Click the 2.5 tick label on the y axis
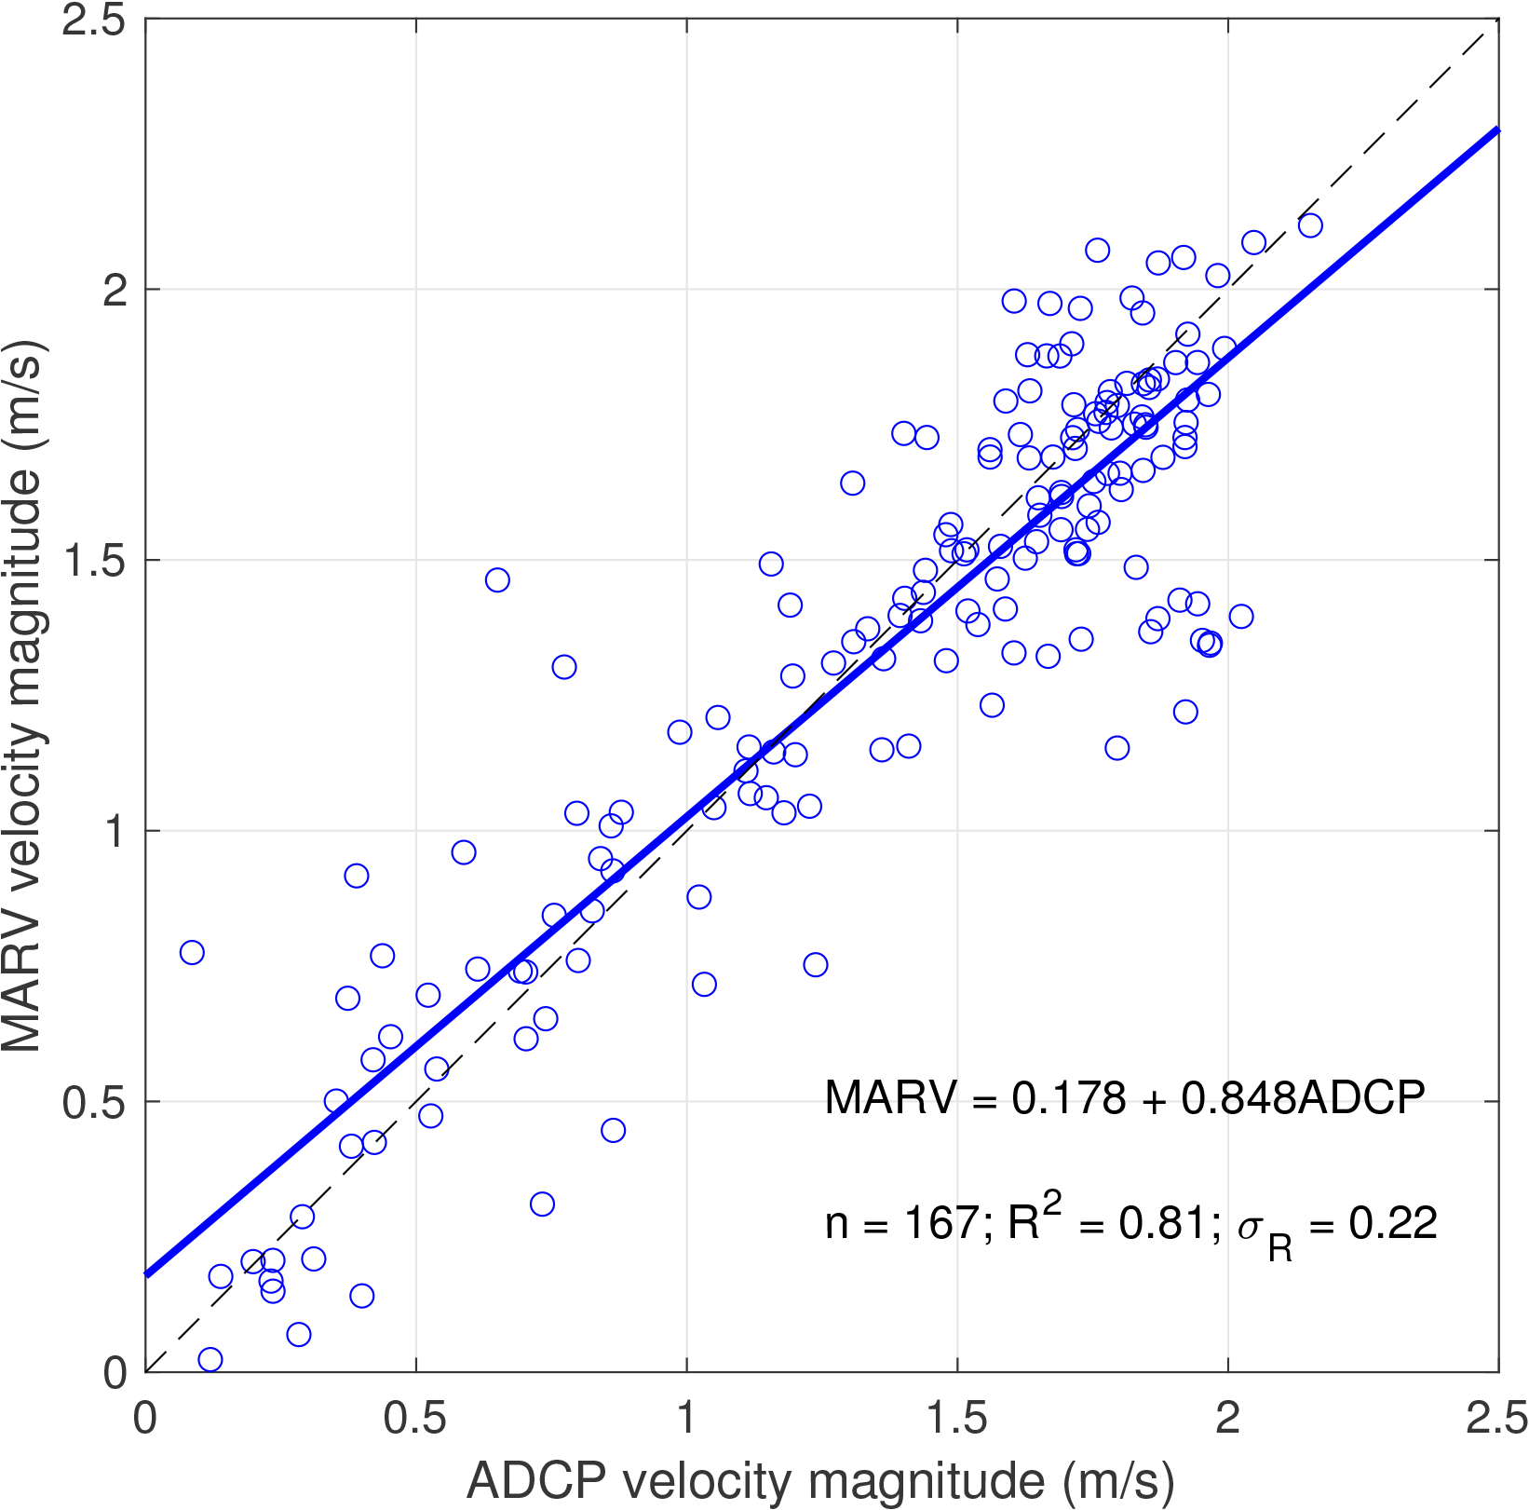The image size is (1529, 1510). (93, 20)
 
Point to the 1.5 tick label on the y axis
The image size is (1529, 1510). (93, 561)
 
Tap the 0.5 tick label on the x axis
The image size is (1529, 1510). (415, 1419)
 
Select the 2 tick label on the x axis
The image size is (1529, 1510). (1227, 1419)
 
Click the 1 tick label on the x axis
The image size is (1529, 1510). (686, 1419)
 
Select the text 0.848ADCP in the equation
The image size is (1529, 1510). (1303, 1098)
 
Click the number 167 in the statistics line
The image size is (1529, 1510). (940, 1223)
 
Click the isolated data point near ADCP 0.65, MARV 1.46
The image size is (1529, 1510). (497, 580)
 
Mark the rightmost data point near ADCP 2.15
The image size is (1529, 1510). (1310, 225)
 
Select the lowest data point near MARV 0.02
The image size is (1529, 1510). (210, 1360)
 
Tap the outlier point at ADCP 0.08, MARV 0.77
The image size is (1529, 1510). (192, 952)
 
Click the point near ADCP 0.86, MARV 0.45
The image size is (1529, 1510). (613, 1130)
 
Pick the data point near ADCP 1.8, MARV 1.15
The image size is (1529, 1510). (1116, 748)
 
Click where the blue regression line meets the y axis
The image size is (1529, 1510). (147, 1274)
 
